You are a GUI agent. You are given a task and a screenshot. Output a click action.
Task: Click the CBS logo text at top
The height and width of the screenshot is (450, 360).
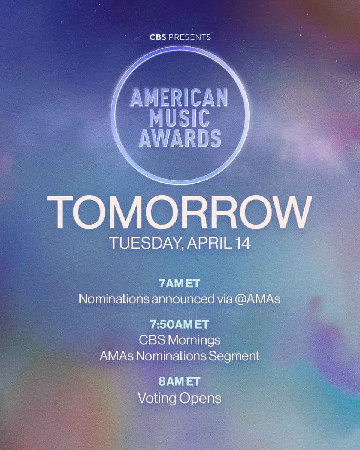pyautogui.click(x=157, y=37)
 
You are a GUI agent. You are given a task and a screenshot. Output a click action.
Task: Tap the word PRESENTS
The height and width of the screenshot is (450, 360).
pyautogui.click(x=189, y=37)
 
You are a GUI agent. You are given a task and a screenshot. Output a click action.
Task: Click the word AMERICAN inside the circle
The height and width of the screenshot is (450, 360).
pyautogui.click(x=179, y=98)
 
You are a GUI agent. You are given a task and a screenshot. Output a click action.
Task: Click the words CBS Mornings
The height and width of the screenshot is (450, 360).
pyautogui.click(x=180, y=340)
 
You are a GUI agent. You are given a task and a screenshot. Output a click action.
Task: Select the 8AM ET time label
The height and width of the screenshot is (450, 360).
pyautogui.click(x=180, y=382)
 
